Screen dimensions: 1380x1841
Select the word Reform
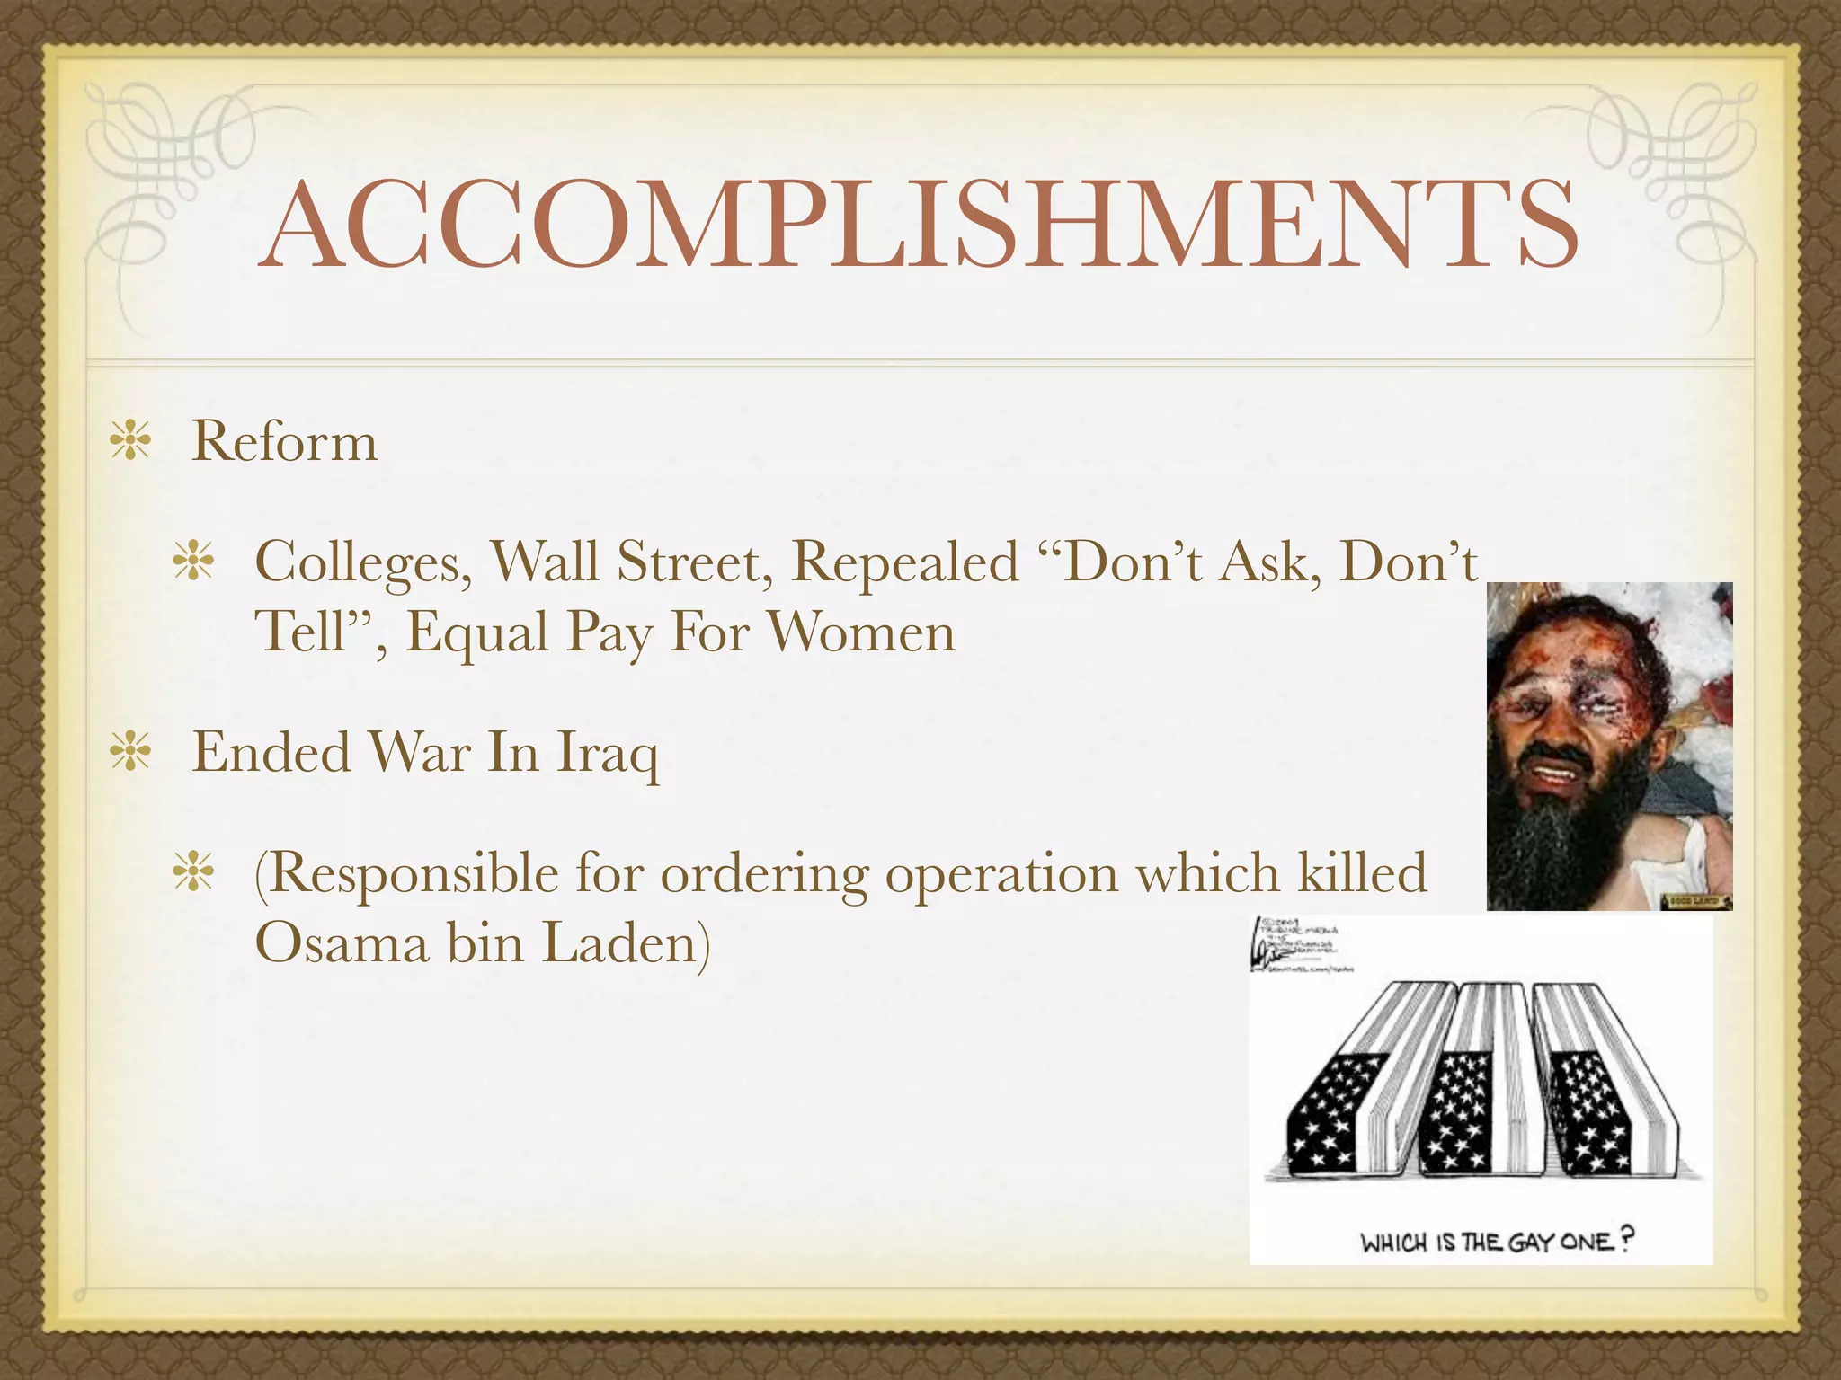click(x=284, y=442)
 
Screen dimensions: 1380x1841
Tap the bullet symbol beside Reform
click(x=131, y=443)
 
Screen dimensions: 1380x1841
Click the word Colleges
click(x=363, y=563)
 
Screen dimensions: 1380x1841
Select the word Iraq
click(x=607, y=753)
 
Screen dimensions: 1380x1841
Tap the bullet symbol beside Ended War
click(x=131, y=753)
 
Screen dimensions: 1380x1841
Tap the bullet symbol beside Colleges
click(x=194, y=562)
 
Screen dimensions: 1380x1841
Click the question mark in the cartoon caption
click(x=1625, y=1240)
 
